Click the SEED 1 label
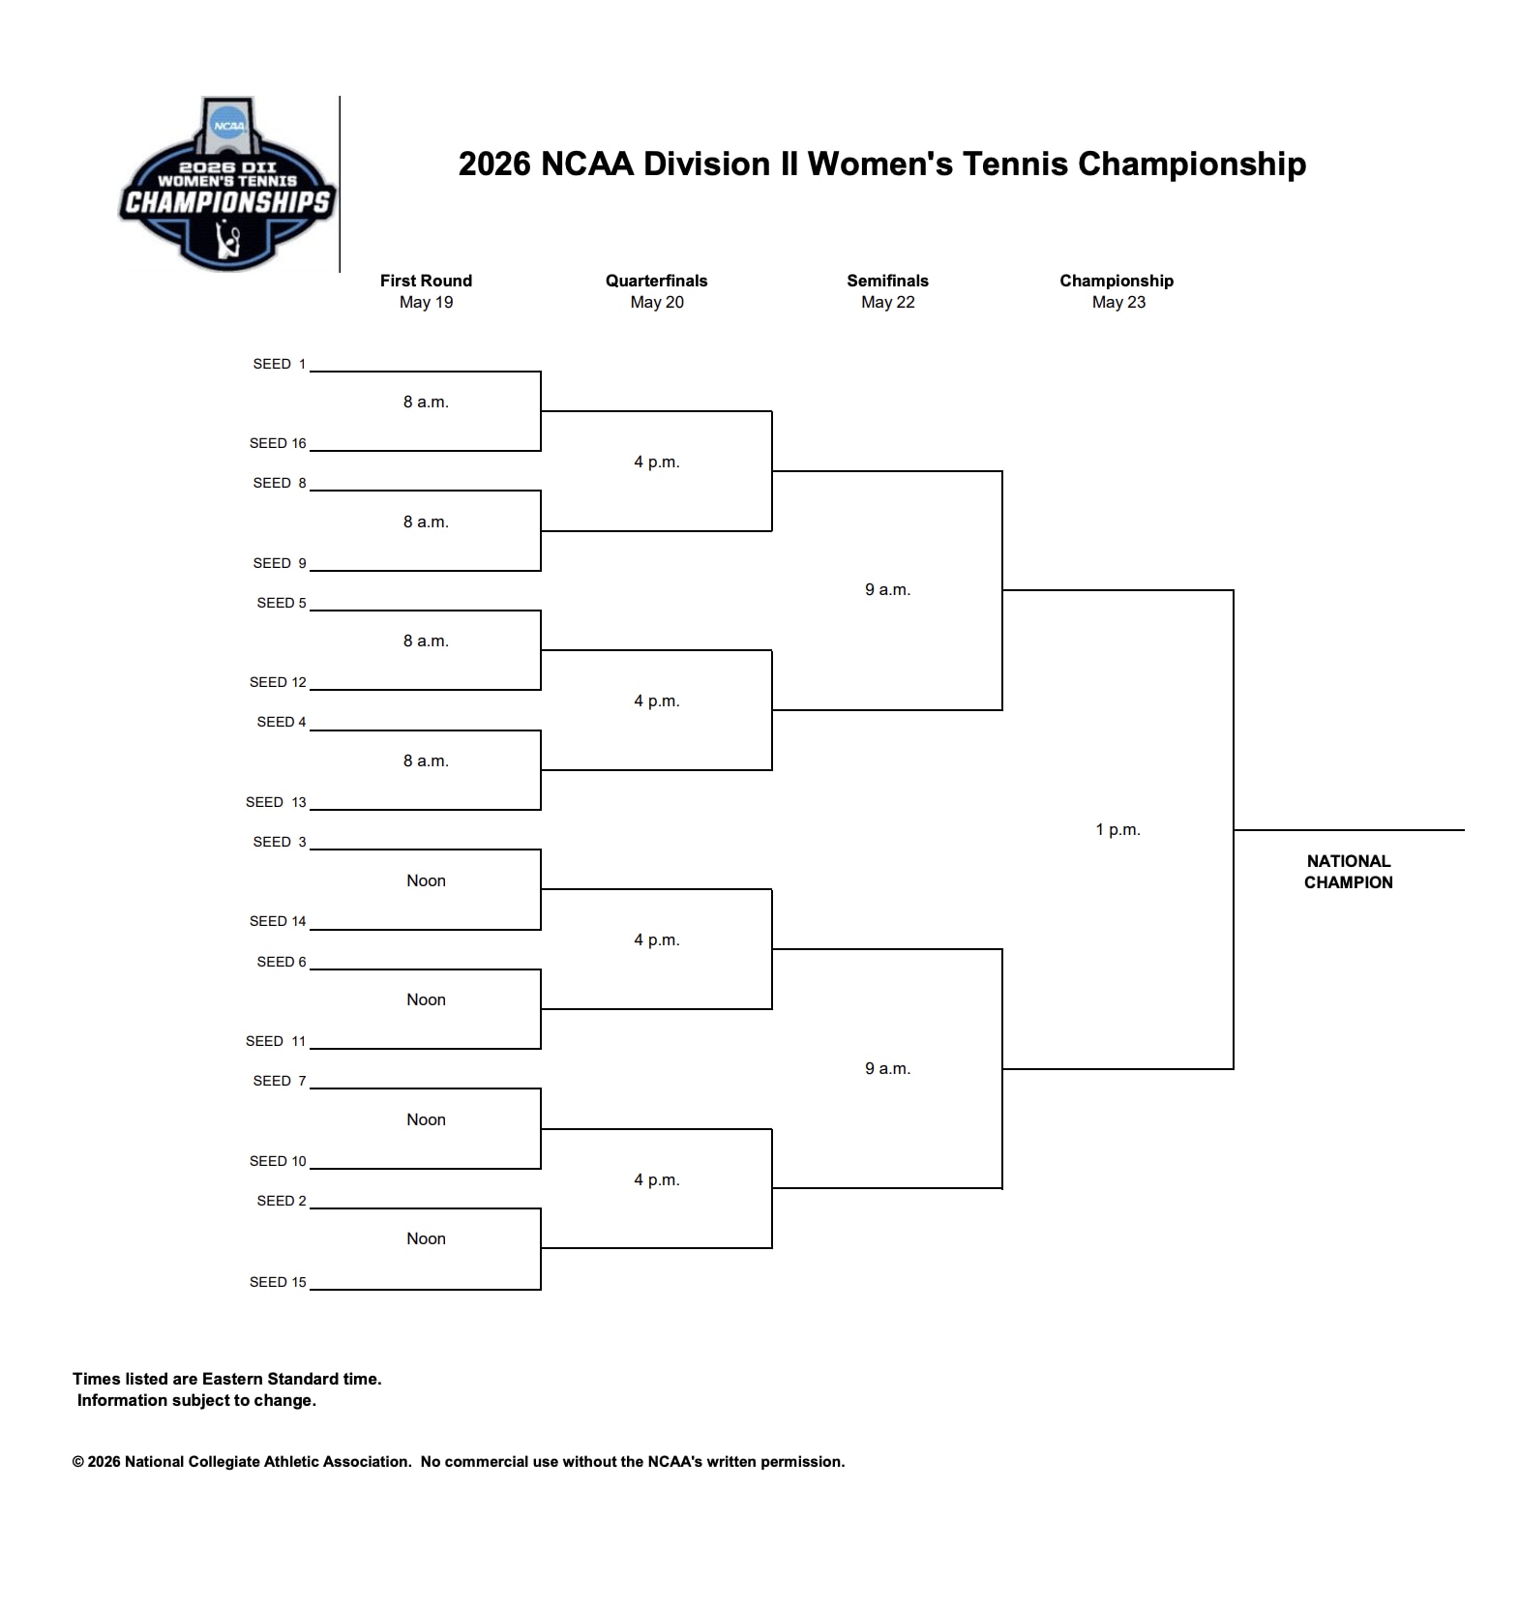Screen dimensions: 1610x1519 click(x=279, y=364)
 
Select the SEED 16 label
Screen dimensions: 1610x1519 click(x=278, y=443)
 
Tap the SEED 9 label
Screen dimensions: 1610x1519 click(x=279, y=563)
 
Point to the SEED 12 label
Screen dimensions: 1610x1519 click(x=278, y=682)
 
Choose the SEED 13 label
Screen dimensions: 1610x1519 click(x=276, y=802)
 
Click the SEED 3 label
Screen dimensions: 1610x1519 click(x=279, y=842)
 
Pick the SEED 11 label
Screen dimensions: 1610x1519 click(x=276, y=1041)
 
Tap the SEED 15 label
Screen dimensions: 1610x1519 click(x=278, y=1282)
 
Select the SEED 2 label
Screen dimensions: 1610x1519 click(x=281, y=1201)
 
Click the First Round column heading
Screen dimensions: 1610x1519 click(x=426, y=281)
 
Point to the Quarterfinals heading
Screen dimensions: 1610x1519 click(x=656, y=281)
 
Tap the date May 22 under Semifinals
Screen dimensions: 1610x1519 click(x=887, y=302)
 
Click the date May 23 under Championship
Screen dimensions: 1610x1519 click(x=1118, y=302)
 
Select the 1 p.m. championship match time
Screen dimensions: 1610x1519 click(x=1117, y=829)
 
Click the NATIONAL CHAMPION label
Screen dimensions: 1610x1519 click(x=1348, y=872)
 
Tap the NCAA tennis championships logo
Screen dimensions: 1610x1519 click(x=227, y=184)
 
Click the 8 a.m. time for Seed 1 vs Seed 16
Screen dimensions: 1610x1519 click(x=426, y=402)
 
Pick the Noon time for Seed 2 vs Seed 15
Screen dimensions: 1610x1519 click(x=426, y=1238)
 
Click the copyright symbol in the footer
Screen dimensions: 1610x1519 click(x=78, y=1462)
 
